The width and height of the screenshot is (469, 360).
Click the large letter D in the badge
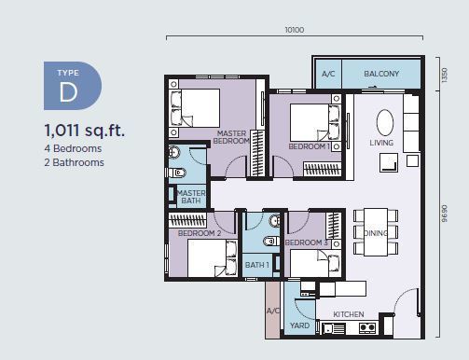click(x=68, y=92)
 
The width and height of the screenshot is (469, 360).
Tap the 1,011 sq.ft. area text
click(x=85, y=130)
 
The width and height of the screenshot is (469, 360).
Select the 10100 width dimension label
click(x=295, y=30)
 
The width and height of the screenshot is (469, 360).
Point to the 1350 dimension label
click(x=445, y=75)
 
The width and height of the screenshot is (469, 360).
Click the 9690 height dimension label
click(x=445, y=214)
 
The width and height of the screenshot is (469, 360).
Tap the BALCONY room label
click(x=381, y=74)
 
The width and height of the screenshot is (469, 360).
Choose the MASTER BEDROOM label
click(x=231, y=137)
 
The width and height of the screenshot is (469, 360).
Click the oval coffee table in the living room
click(x=385, y=122)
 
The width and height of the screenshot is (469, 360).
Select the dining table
click(x=376, y=232)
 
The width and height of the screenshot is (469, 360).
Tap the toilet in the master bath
click(x=178, y=173)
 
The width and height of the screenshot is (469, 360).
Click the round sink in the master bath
click(x=173, y=152)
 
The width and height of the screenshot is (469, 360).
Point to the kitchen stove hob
click(x=367, y=327)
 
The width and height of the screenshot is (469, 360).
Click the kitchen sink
click(x=333, y=328)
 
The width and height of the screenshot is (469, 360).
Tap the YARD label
click(x=299, y=325)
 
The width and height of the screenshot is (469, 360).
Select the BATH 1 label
click(x=257, y=265)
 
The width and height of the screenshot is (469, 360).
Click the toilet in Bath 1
click(x=271, y=241)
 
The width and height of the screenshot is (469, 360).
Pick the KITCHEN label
click(x=349, y=314)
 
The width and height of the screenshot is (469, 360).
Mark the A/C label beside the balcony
click(x=328, y=74)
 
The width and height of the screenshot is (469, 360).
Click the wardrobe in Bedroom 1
click(x=323, y=170)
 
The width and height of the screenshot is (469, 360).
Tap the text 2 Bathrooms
click(x=74, y=162)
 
